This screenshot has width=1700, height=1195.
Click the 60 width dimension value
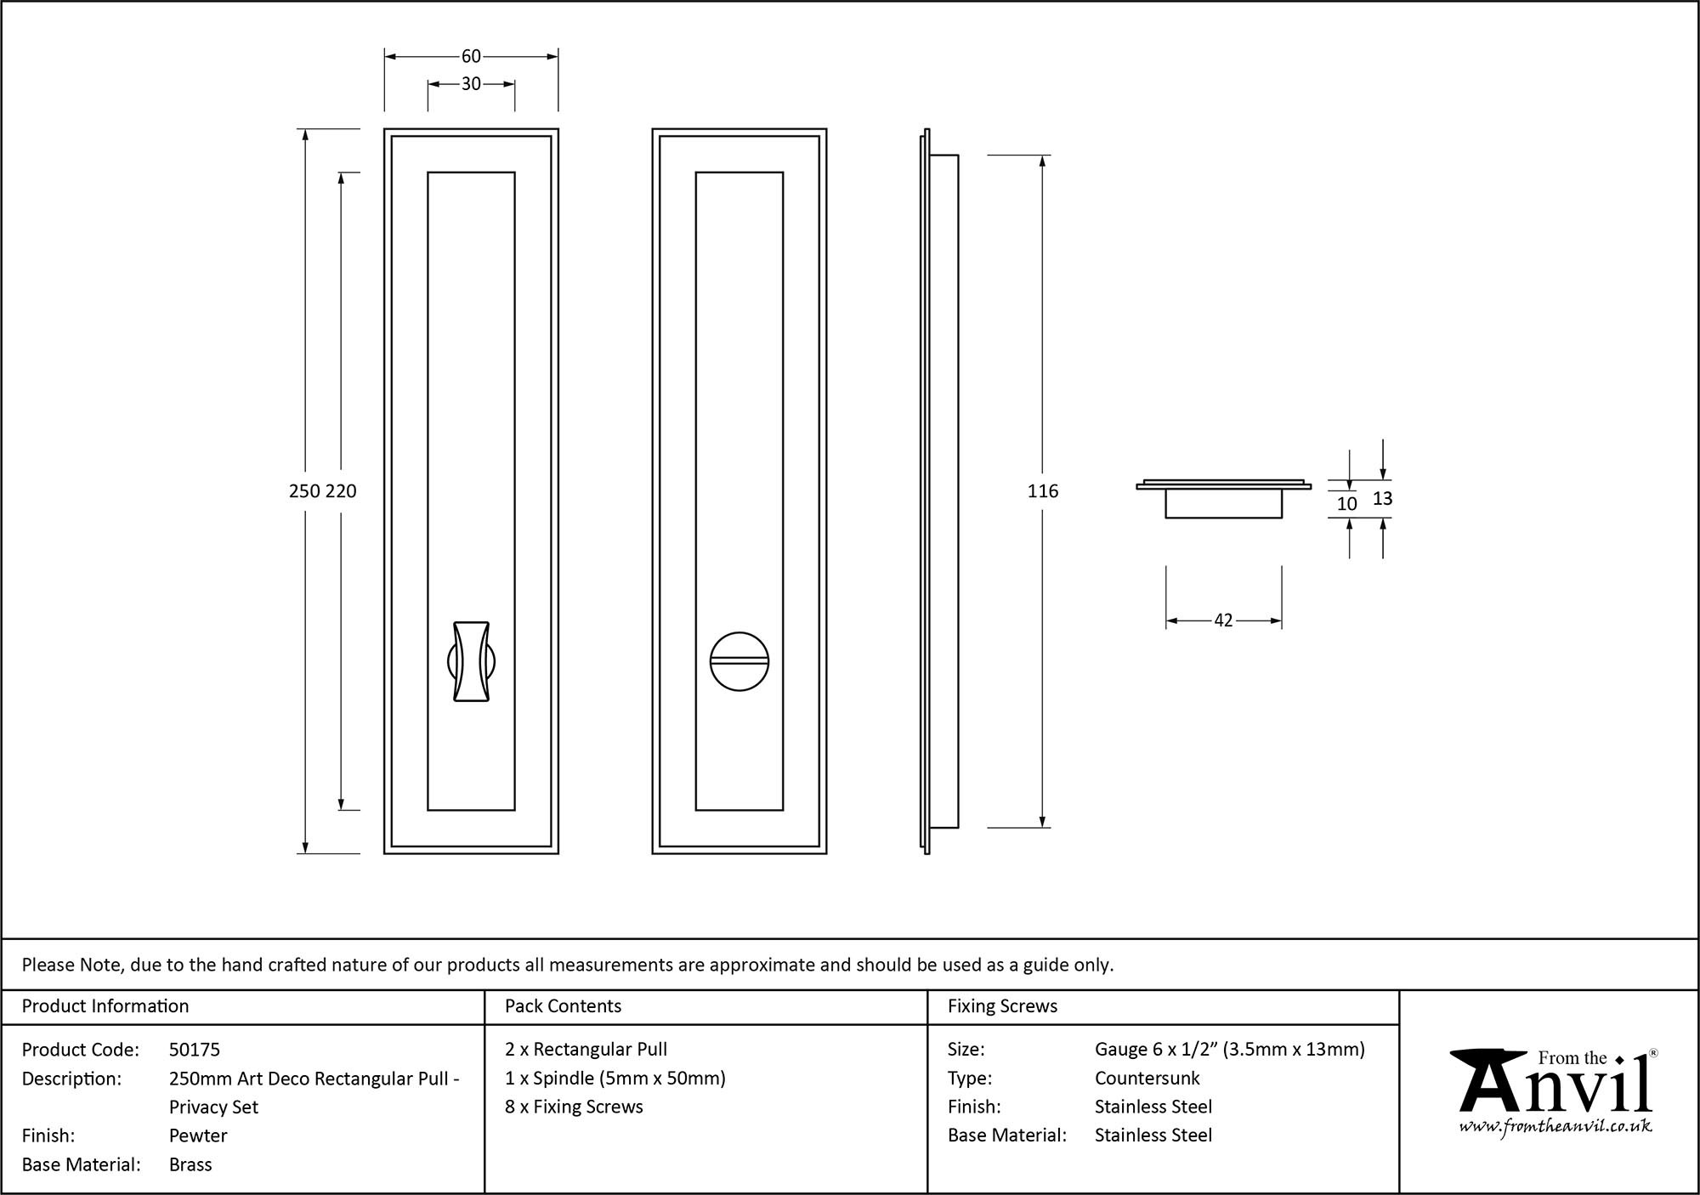tap(471, 56)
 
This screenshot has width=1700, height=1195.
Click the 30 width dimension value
tap(471, 84)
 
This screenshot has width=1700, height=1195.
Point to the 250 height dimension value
tap(305, 491)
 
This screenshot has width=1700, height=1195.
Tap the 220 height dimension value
tap(341, 491)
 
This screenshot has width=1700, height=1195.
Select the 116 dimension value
tap(1043, 491)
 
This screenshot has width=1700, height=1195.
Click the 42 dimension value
tap(1223, 620)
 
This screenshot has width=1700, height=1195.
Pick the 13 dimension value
tap(1383, 498)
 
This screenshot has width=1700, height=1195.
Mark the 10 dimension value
tap(1347, 504)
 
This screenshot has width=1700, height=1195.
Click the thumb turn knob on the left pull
tap(471, 662)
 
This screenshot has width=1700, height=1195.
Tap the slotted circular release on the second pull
tap(739, 661)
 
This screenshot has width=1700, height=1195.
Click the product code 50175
tap(195, 1050)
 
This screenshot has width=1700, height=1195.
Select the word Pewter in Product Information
tap(198, 1136)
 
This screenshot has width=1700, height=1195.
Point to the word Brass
tap(190, 1164)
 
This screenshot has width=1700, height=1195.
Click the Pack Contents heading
tap(563, 1006)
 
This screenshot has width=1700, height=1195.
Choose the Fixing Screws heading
tap(1002, 1006)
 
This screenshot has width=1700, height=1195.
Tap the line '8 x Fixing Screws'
tap(574, 1107)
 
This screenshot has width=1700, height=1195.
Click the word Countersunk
tap(1147, 1079)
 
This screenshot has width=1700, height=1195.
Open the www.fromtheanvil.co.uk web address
tap(1555, 1127)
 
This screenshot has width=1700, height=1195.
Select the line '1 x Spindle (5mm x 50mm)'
tap(615, 1079)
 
